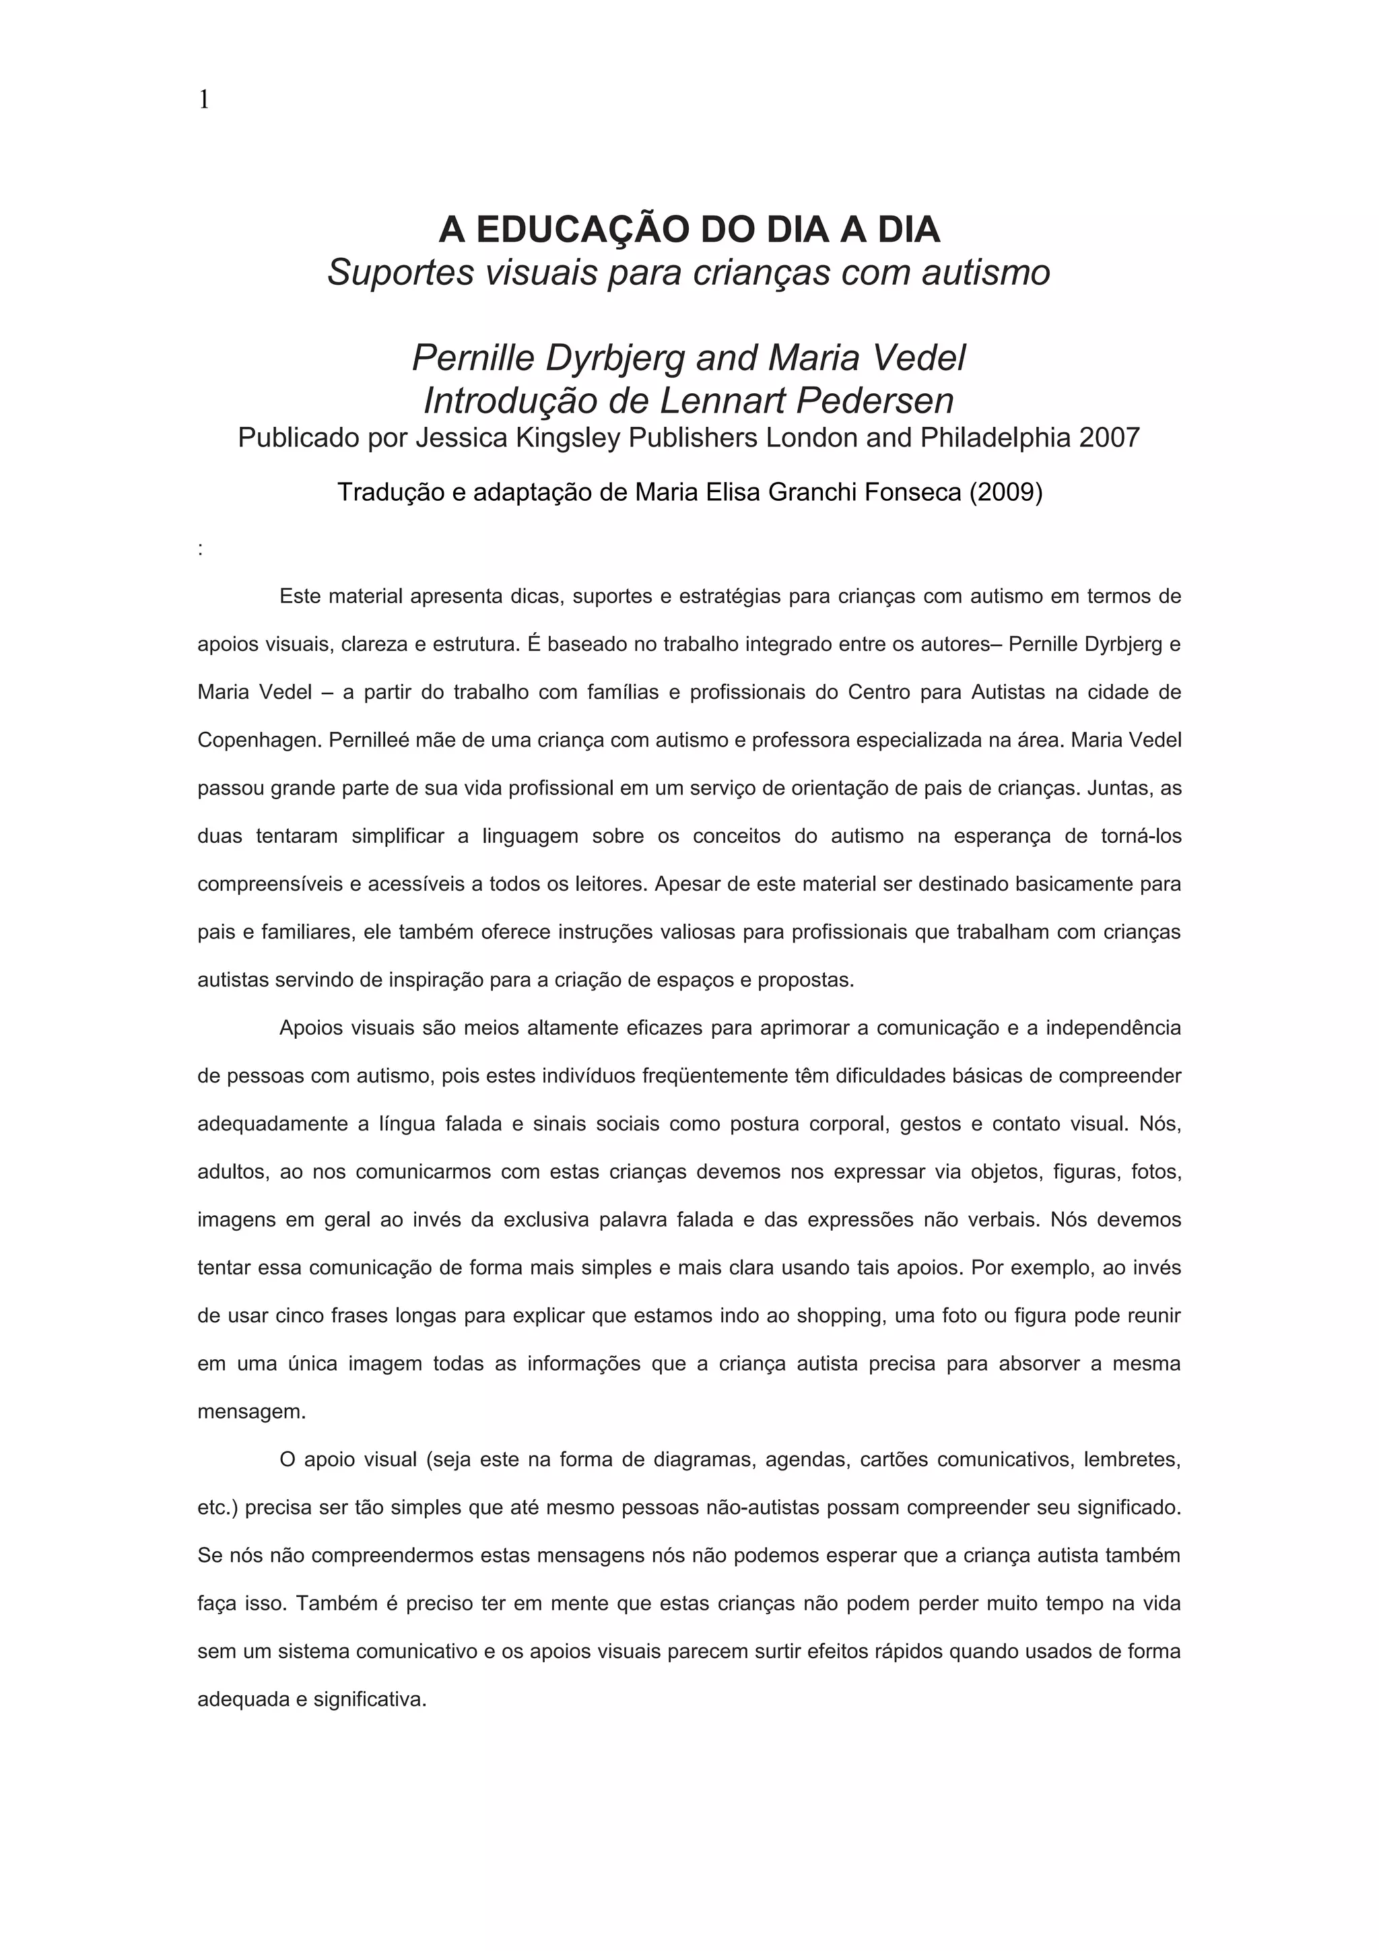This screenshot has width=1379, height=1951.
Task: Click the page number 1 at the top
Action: (x=203, y=100)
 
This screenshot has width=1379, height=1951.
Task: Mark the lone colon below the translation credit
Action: (x=201, y=550)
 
